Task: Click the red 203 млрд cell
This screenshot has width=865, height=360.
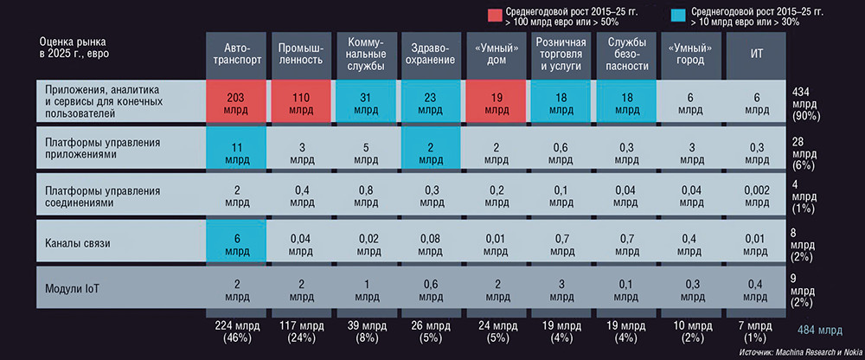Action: point(235,100)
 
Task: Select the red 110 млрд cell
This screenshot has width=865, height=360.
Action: point(300,100)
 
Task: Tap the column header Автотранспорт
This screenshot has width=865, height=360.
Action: point(235,55)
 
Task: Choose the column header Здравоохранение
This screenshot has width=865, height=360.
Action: point(430,55)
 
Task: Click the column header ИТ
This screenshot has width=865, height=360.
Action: point(755,55)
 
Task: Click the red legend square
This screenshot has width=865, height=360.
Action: point(494,14)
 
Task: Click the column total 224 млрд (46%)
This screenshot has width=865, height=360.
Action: point(235,331)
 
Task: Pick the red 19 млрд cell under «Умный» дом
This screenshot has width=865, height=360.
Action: point(495,100)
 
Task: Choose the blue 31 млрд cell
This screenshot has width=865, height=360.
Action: point(365,100)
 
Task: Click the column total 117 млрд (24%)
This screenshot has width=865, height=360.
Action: point(300,331)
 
